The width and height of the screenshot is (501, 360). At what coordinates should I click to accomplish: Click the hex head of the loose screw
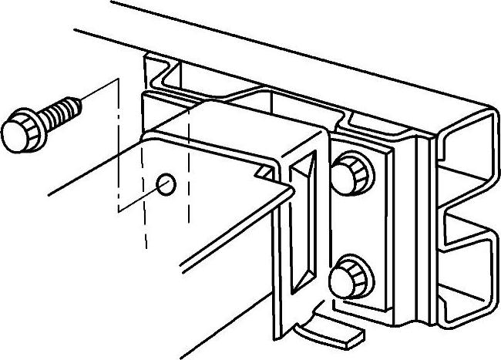coord(18,133)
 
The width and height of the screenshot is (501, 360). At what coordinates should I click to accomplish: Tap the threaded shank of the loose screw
coord(58,112)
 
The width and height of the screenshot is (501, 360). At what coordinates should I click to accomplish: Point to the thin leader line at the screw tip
coord(100,89)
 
